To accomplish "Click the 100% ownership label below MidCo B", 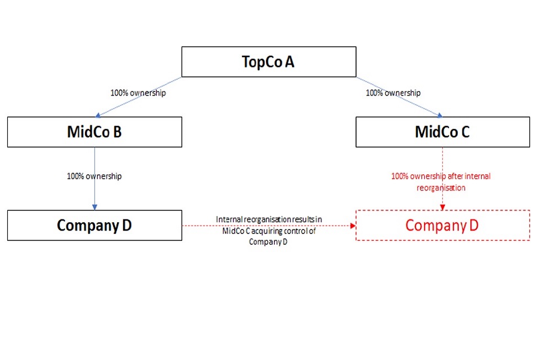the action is coord(94,176).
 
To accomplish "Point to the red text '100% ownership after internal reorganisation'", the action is coord(441,182).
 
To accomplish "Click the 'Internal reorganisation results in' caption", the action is coord(269,219).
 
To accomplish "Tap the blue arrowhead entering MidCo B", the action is coord(98,115).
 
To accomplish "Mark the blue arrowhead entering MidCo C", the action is coord(440,115).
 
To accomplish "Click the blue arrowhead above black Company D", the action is coord(94,207).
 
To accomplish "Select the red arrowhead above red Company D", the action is coord(443,207).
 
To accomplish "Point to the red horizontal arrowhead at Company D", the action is coord(353,226).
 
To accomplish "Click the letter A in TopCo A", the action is coord(290,62).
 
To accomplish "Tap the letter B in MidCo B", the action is coord(117,132).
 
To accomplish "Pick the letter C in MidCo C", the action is coord(465,132).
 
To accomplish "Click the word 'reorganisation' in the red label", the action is coord(441,188).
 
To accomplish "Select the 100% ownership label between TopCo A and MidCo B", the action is coord(138,93).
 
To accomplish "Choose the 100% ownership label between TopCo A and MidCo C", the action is coord(393,93).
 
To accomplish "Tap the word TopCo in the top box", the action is coord(262,62).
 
